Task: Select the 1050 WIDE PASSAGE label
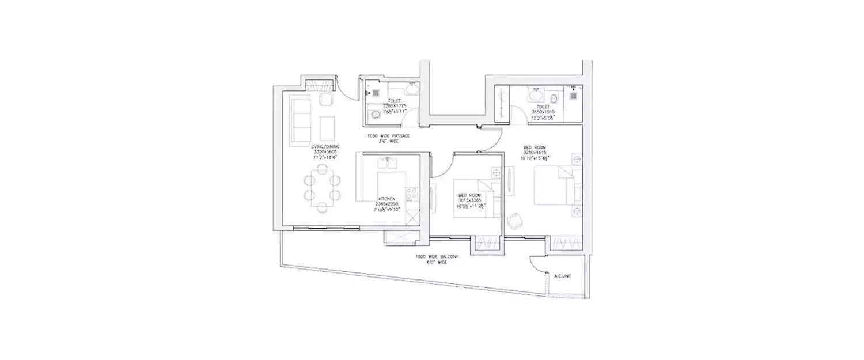tap(389, 136)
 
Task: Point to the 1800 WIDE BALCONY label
tap(437, 258)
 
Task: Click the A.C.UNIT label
tap(562, 276)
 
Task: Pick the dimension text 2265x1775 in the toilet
tap(395, 106)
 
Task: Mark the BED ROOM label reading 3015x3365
tap(469, 201)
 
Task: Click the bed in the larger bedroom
tap(554, 185)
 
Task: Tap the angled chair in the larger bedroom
tap(515, 220)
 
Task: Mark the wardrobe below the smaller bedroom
tap(487, 245)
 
